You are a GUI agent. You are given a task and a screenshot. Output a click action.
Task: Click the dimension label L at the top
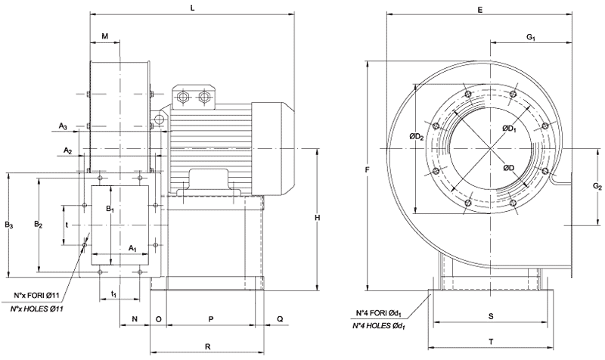(194, 8)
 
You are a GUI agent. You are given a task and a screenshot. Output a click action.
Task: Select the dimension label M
(105, 36)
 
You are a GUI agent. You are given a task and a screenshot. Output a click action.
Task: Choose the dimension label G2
(597, 186)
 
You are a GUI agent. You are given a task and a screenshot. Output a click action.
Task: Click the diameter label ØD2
(416, 136)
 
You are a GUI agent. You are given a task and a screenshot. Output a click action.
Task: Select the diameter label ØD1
(509, 129)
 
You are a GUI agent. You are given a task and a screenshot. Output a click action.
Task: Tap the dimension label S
(490, 315)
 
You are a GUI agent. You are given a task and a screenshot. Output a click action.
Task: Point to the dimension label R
(207, 346)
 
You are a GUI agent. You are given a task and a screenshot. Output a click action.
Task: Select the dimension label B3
(8, 225)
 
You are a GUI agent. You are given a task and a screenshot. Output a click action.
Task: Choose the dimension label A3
(65, 126)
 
